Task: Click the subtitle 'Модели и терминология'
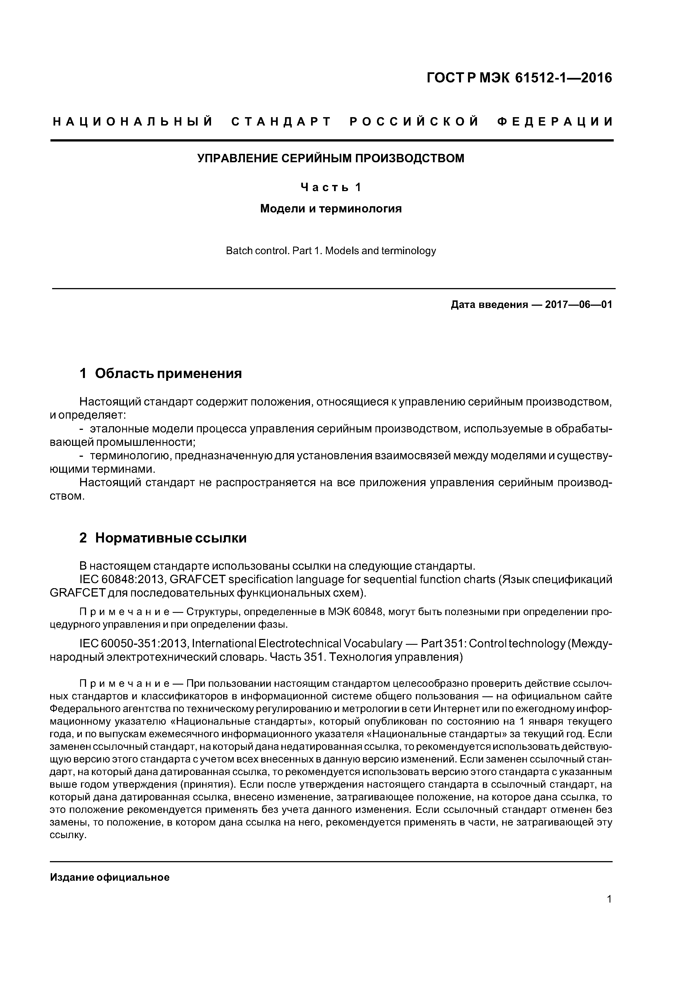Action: (x=331, y=209)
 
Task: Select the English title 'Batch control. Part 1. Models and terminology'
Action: (x=331, y=251)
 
